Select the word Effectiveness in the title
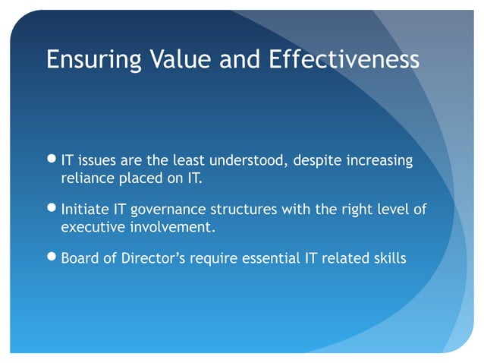pyautogui.click(x=345, y=59)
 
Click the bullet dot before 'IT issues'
pyautogui.click(x=51, y=160)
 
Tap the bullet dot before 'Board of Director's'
pyautogui.click(x=51, y=258)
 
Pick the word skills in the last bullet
pyautogui.click(x=388, y=258)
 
